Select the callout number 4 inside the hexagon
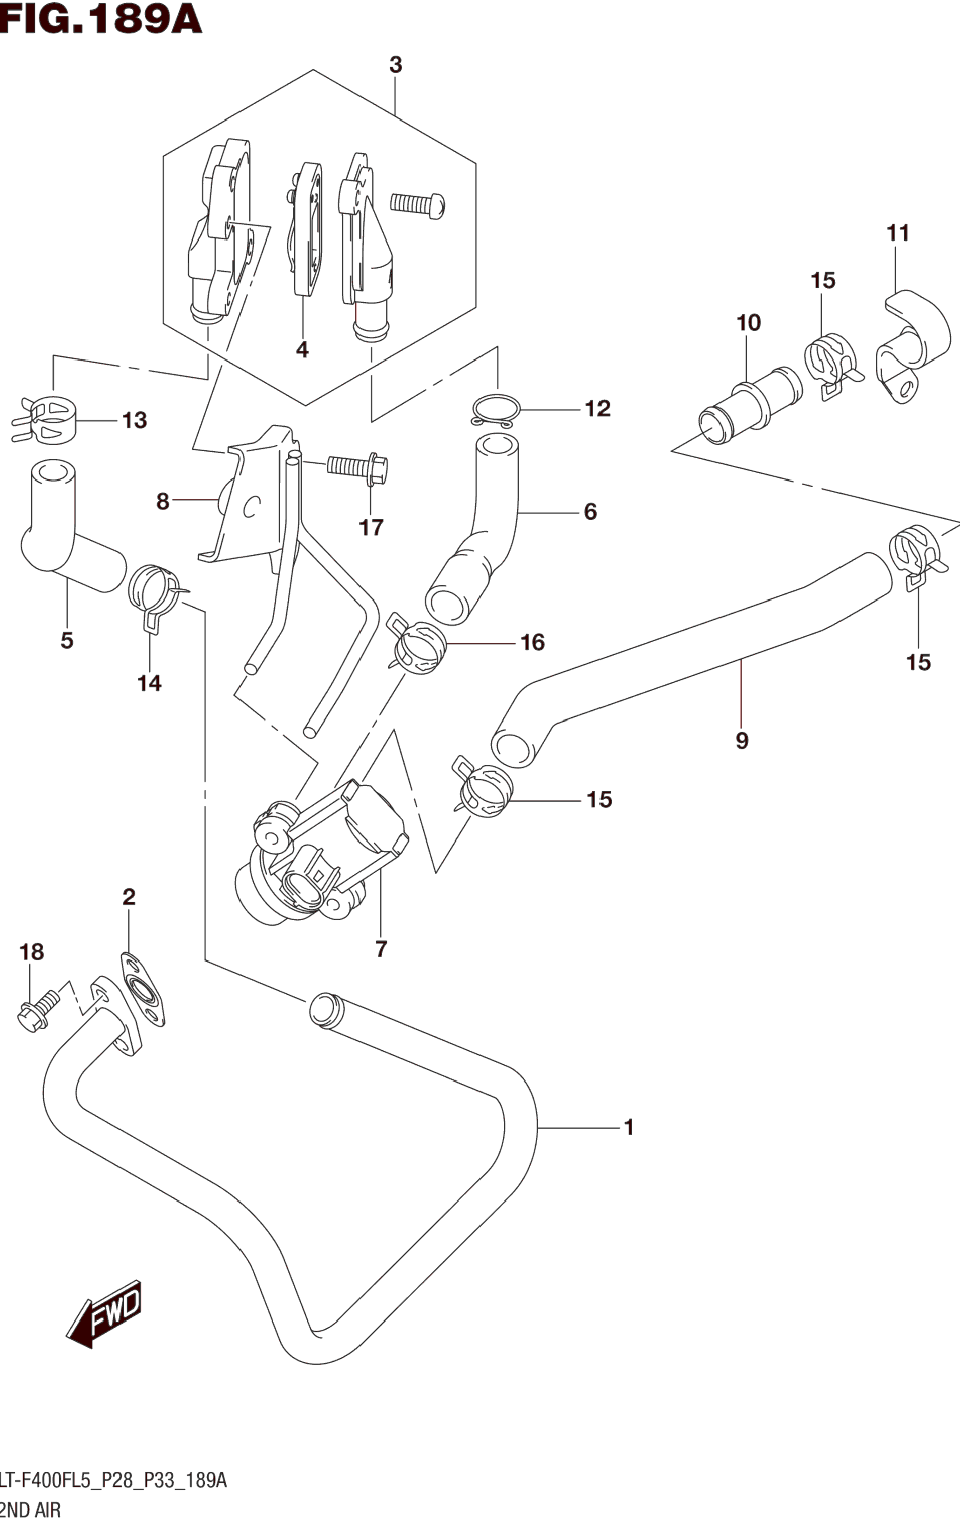[302, 349]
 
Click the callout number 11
[898, 233]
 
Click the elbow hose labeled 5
[73, 526]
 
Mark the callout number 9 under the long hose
[742, 740]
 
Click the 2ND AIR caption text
[30, 1511]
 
